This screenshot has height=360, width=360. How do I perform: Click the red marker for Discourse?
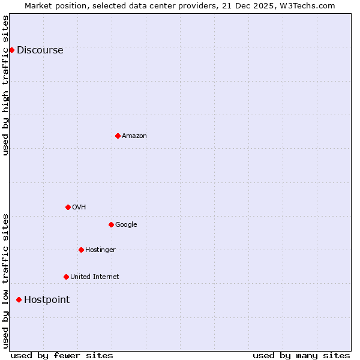point(11,50)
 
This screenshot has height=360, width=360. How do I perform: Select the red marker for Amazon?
point(118,136)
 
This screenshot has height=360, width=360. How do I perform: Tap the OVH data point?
point(68,207)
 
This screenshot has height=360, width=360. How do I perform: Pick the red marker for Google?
point(111,224)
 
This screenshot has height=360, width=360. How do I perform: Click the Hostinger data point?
point(81,250)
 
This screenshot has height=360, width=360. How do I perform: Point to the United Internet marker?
point(66,277)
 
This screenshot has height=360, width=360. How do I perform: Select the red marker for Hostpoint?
point(19,299)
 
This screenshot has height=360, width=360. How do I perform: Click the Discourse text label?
point(40,50)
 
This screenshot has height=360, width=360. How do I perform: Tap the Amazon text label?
point(134,136)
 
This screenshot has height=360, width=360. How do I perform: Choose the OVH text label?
point(79,208)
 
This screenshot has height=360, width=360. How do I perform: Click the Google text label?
point(126,225)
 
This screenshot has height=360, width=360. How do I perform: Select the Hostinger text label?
point(100,250)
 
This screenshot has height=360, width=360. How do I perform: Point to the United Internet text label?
point(94,277)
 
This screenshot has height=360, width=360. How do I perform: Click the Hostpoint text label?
point(47,300)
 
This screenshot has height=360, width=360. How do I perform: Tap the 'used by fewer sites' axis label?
point(62,356)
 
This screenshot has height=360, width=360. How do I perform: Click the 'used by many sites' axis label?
point(301,356)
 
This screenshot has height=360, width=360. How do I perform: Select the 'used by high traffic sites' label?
point(5,85)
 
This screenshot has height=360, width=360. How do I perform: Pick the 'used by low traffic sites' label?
point(5,281)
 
